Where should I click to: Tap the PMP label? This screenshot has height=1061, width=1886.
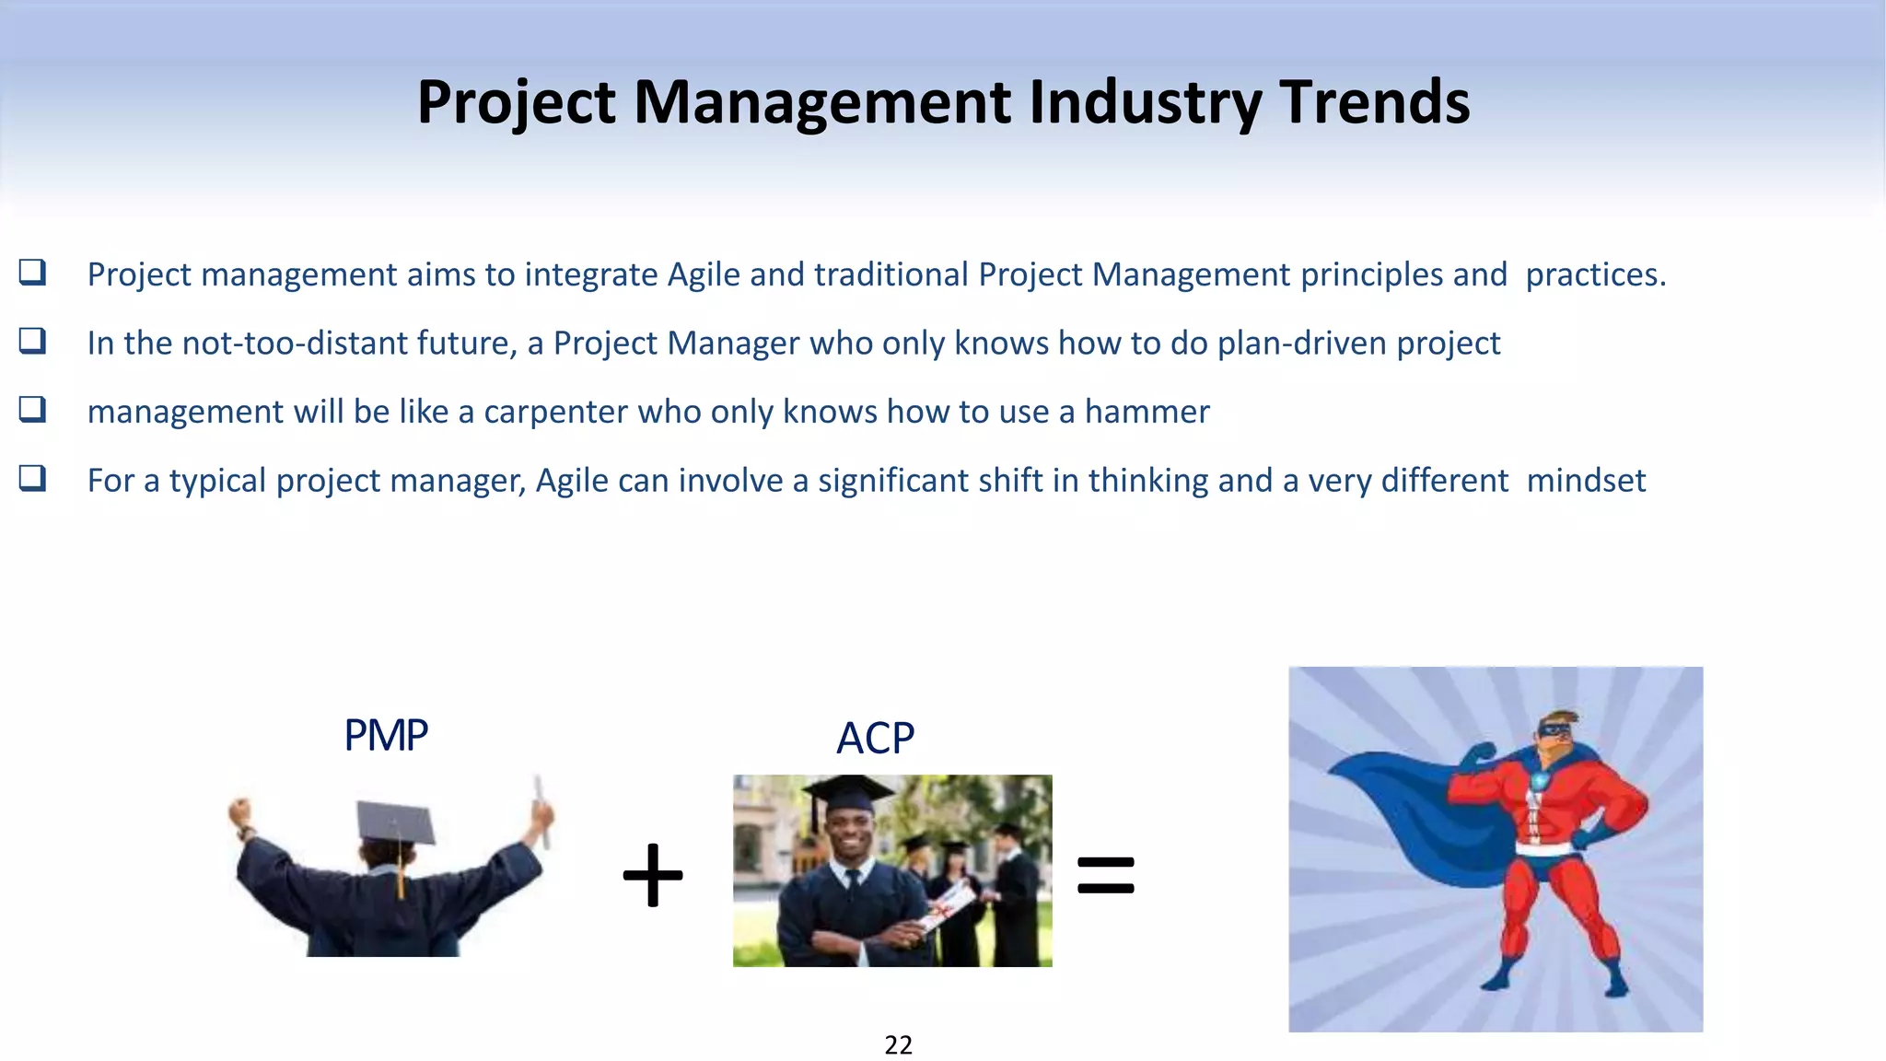click(385, 735)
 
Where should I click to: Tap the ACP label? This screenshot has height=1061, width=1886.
click(875, 738)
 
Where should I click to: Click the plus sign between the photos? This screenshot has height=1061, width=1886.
click(653, 875)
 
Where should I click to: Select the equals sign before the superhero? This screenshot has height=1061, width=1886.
click(1105, 875)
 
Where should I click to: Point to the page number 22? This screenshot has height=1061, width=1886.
click(898, 1044)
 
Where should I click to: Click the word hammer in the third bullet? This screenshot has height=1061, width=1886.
click(1147, 412)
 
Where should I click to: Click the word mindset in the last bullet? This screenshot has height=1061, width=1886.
click(1586, 481)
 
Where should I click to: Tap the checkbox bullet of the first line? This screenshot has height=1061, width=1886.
click(32, 273)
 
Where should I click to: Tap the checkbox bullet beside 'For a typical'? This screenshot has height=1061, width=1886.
click(32, 479)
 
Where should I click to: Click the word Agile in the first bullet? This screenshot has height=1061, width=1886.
click(704, 274)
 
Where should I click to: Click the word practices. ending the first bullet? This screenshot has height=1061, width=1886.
click(1595, 274)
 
